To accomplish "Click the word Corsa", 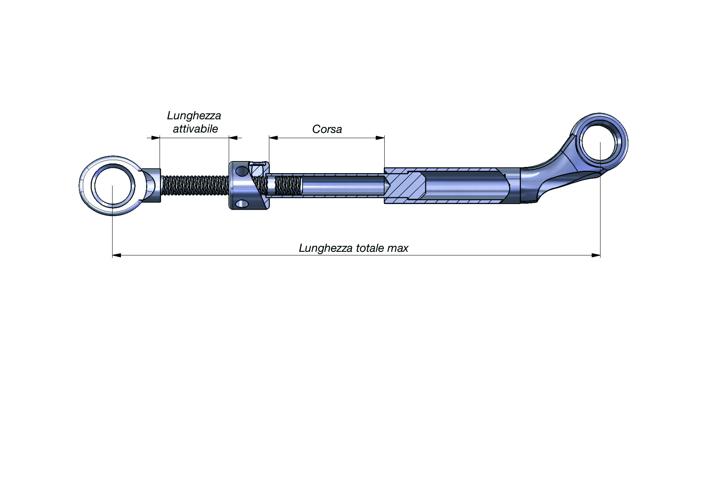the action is point(327,129).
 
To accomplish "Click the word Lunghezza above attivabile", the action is point(194,116).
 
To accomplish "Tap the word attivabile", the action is point(195,129).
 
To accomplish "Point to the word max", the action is point(398,249).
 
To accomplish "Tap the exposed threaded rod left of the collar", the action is point(195,186).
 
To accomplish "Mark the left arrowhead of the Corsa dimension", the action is point(273,138).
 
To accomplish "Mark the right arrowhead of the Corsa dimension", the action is point(380,138).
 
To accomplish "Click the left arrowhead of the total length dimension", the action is point(117,255).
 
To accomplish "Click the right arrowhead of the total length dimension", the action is point(596,255).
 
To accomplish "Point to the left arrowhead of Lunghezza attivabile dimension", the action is point(156,138).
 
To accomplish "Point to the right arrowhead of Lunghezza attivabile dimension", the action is point(233,138).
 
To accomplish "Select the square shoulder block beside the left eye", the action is point(152,185).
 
